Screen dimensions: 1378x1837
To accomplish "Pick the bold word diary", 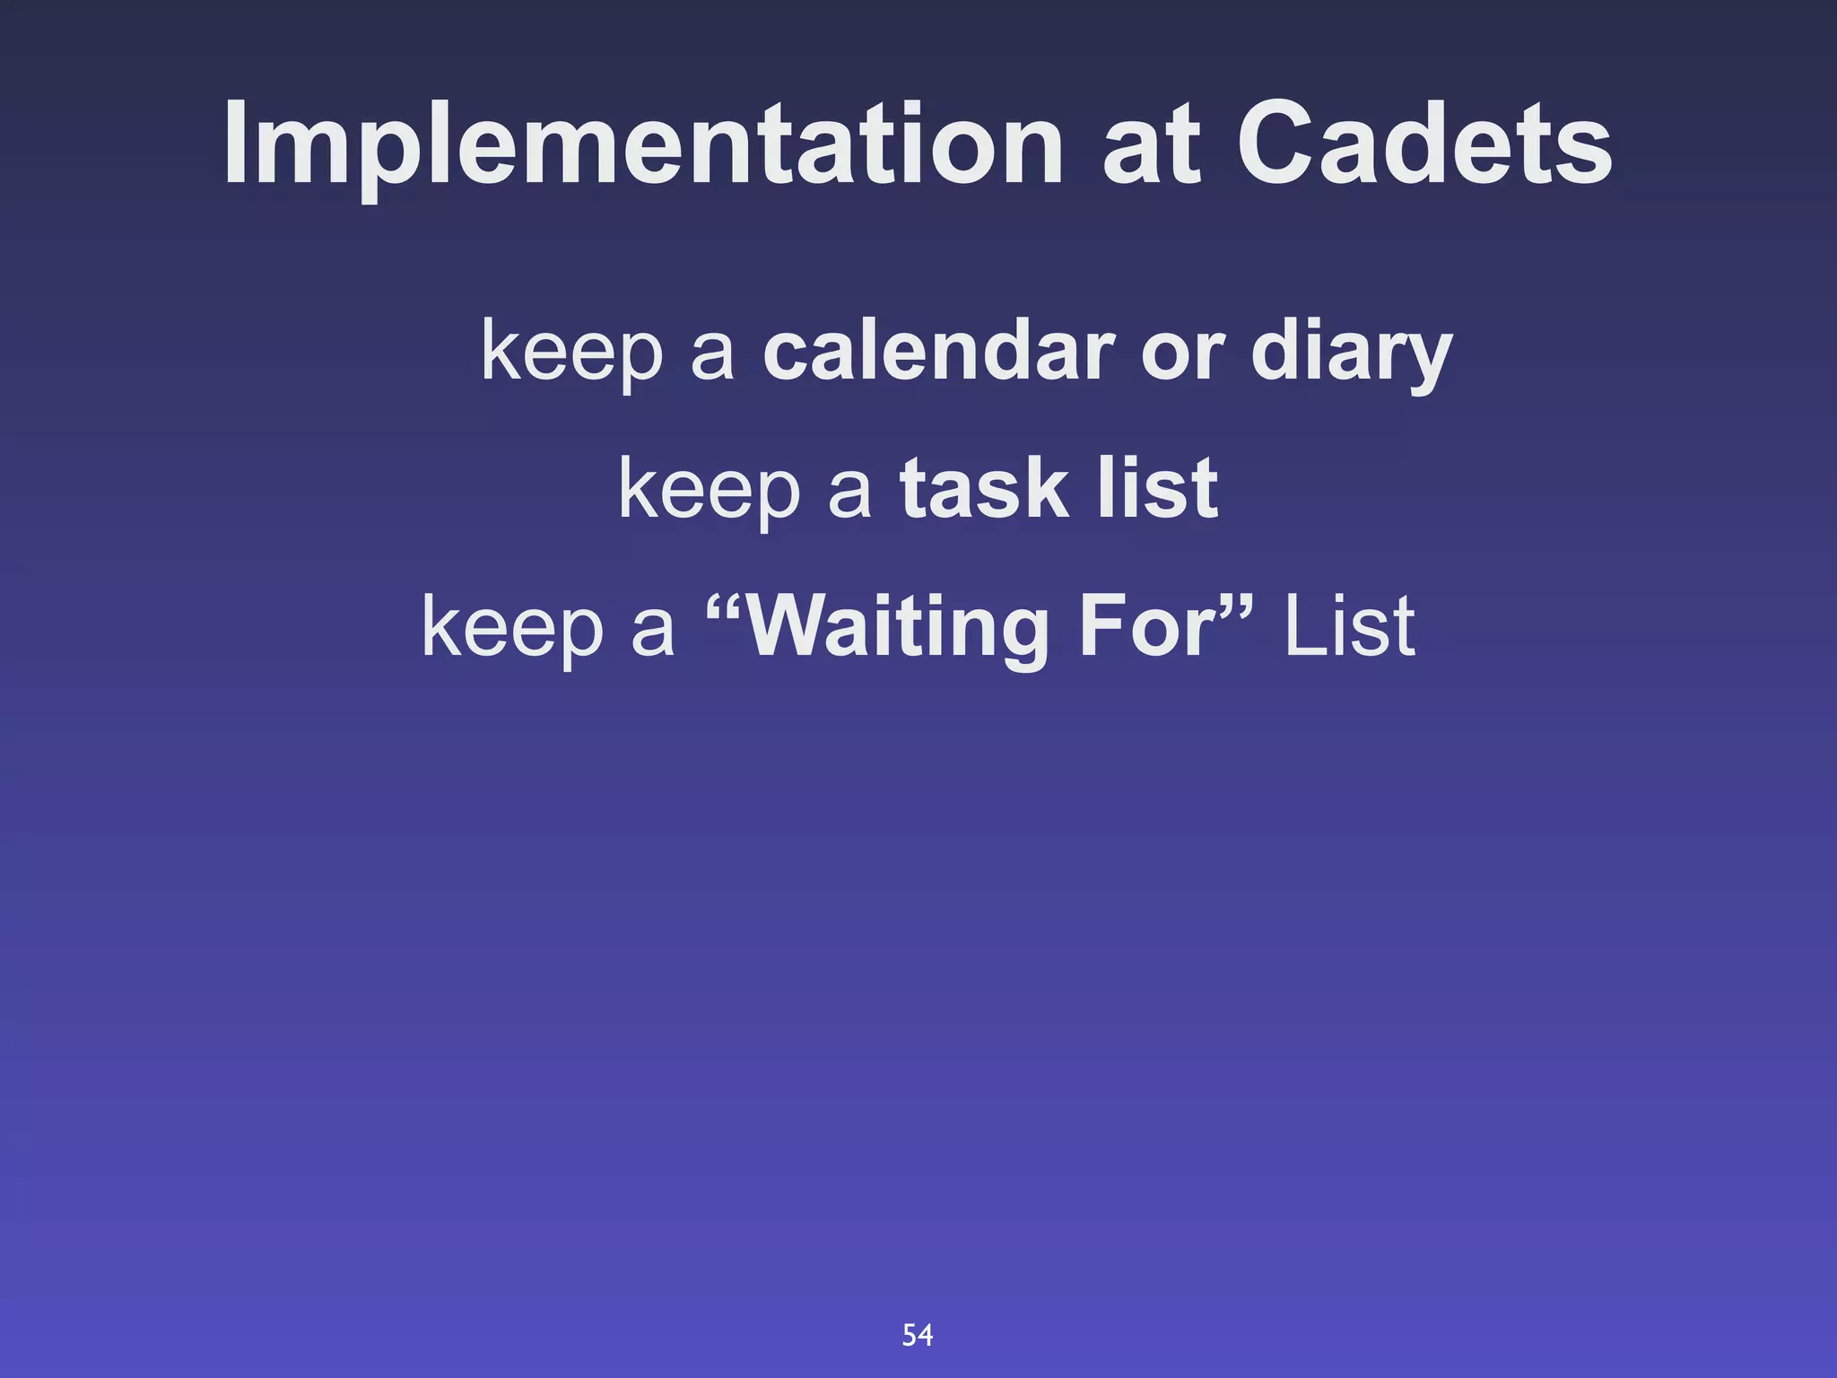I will pos(1351,352).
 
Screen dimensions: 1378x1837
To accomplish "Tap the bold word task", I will pos(983,488).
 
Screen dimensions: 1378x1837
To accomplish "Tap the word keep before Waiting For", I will pos(512,628).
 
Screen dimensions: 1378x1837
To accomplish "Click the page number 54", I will pos(917,1335).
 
